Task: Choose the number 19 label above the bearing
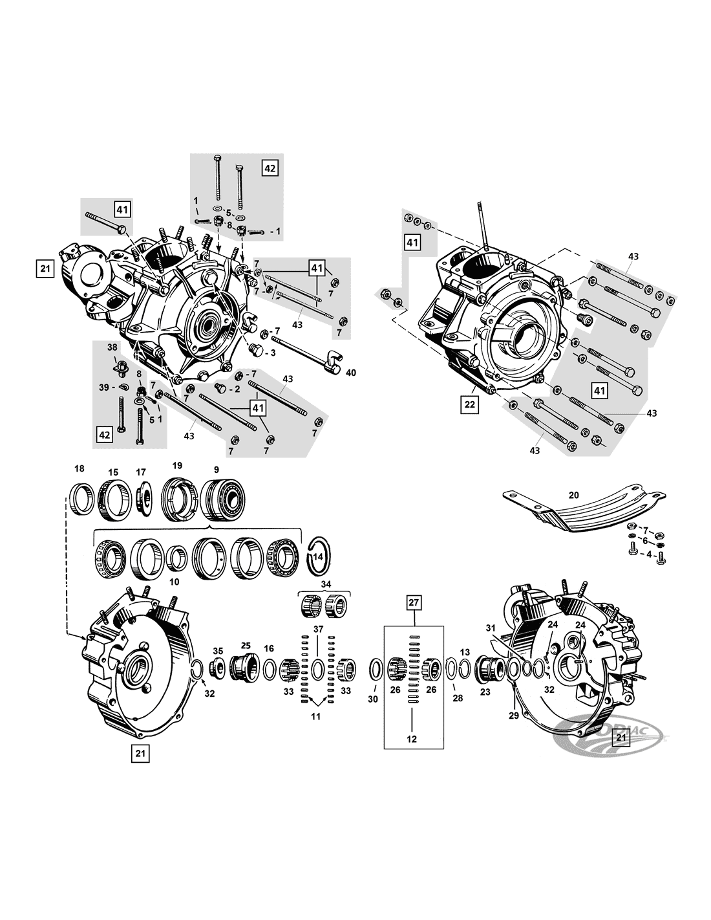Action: (177, 465)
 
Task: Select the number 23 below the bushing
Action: (485, 692)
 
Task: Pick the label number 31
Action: (490, 628)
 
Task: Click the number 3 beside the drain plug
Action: (273, 353)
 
